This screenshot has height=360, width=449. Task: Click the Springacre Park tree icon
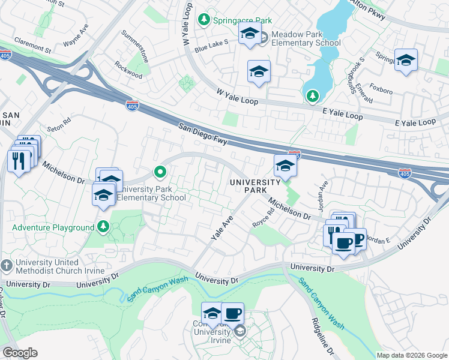tap(205, 20)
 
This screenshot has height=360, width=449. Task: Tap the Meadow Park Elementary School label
tap(306, 38)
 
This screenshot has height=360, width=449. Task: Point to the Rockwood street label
tap(128, 71)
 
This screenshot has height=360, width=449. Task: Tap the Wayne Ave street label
tap(76, 43)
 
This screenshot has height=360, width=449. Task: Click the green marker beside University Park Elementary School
tap(160, 173)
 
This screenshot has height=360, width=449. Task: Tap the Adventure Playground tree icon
tap(104, 227)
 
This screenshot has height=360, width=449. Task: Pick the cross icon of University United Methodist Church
tap(6, 265)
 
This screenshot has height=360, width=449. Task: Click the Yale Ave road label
tap(221, 229)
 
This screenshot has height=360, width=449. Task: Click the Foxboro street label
tap(381, 91)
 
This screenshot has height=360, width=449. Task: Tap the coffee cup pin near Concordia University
tap(232, 313)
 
